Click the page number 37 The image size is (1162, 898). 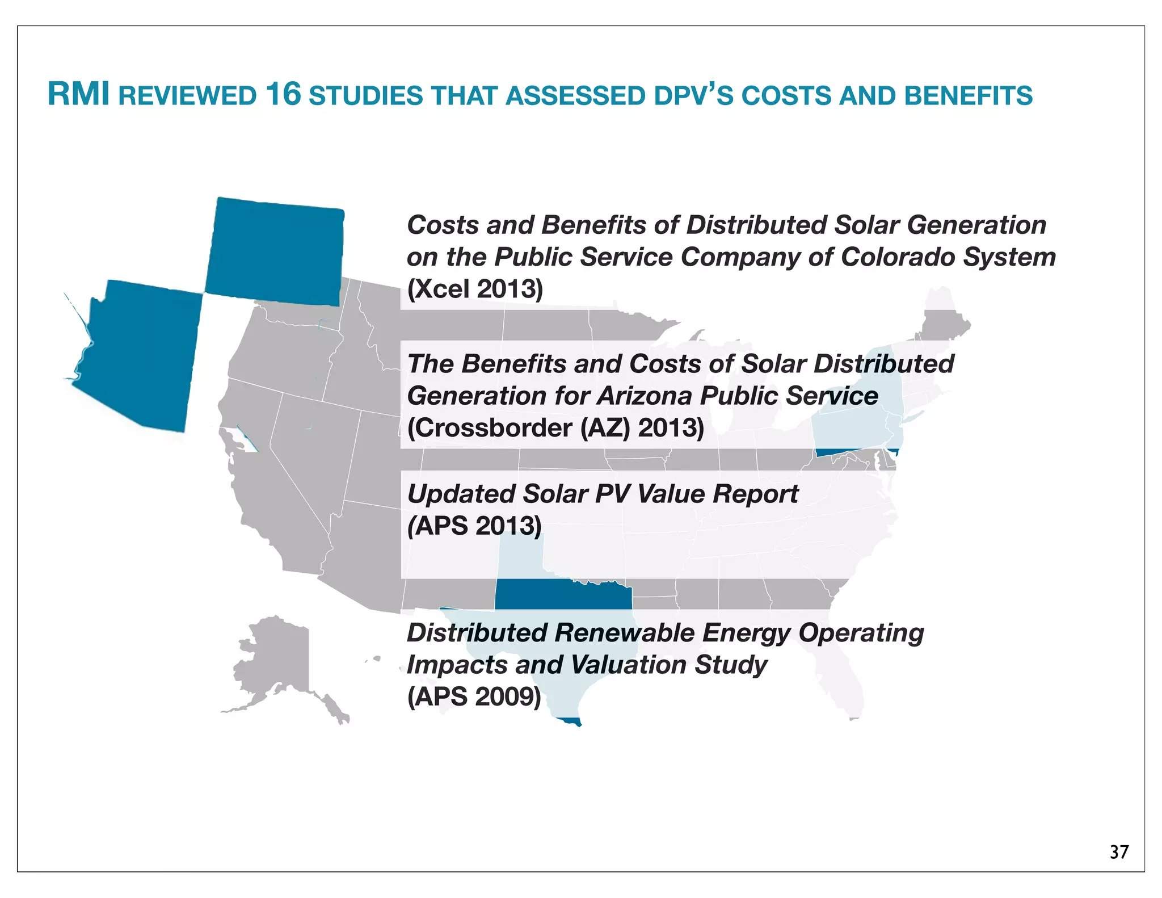1119,852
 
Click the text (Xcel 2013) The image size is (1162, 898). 475,289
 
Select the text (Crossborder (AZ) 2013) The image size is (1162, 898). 555,428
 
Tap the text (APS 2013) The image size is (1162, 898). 474,526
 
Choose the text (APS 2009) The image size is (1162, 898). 474,696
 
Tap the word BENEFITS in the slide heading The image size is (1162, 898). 969,95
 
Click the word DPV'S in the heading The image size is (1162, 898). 693,95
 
